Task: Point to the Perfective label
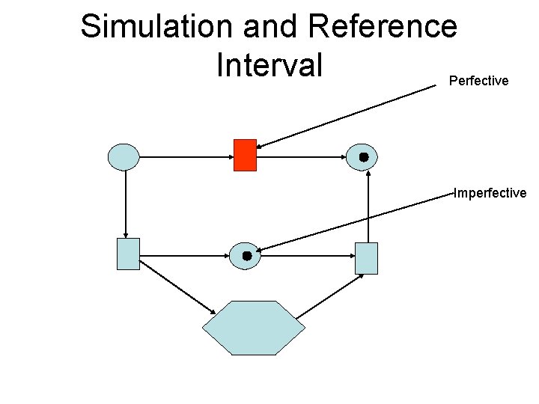[x=478, y=81]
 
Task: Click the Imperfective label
[x=490, y=193]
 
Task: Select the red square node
[x=245, y=155]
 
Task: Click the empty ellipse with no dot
[x=124, y=157]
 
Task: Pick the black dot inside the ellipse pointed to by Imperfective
[x=247, y=256]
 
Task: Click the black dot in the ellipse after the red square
[x=363, y=157]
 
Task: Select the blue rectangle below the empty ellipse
[x=128, y=254]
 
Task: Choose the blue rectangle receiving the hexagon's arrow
[x=366, y=258]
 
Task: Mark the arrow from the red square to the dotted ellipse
[x=302, y=157]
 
